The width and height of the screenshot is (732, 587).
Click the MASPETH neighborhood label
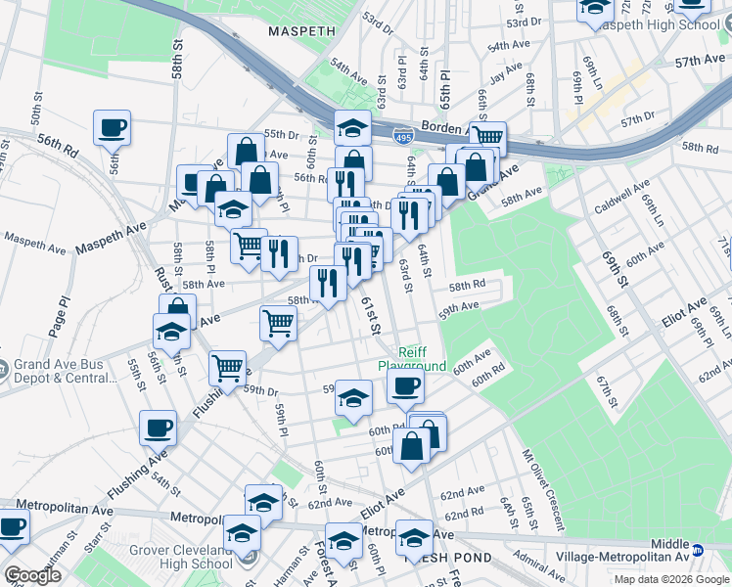pyautogui.click(x=302, y=31)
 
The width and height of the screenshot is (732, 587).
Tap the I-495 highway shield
pyautogui.click(x=402, y=140)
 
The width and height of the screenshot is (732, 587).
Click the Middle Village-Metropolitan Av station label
pyautogui.click(x=670, y=551)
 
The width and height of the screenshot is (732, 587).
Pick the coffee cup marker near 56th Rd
pyautogui.click(x=113, y=127)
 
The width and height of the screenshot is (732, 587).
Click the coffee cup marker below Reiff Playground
pyautogui.click(x=404, y=385)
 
